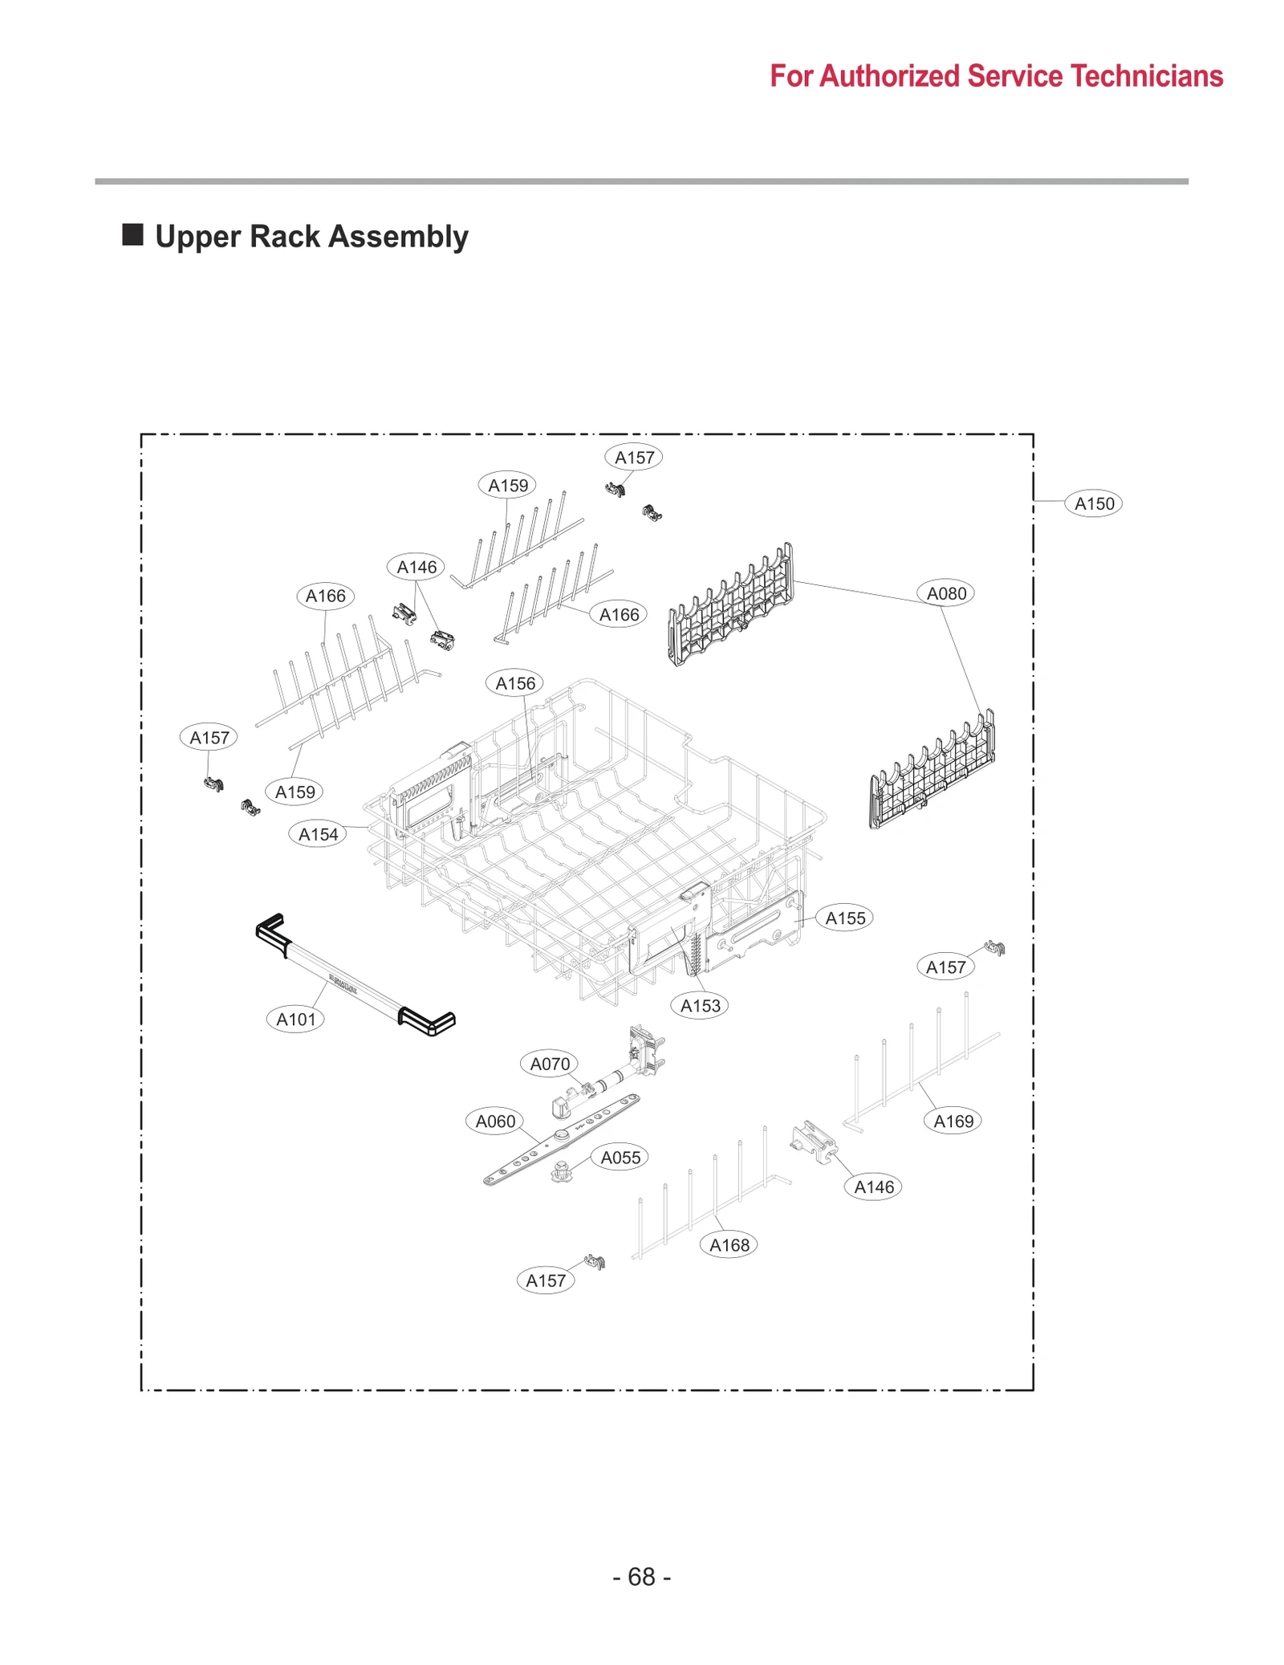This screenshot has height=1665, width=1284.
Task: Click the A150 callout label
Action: click(1093, 503)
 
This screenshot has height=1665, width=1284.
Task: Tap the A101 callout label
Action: click(295, 1019)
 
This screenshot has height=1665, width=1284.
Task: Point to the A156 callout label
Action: click(514, 683)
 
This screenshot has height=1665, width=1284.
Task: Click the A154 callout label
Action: click(318, 834)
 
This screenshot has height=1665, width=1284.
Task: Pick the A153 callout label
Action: click(700, 1005)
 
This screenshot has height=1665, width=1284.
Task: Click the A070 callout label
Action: click(549, 1064)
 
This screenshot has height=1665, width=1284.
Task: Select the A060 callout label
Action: click(495, 1121)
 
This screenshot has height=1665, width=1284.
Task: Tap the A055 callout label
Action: click(620, 1157)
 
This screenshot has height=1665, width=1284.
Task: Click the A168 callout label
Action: click(729, 1244)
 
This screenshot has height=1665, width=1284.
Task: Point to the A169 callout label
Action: click(953, 1121)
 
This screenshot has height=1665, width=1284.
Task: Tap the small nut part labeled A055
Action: click(561, 1171)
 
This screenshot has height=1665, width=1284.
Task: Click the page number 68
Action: click(641, 1577)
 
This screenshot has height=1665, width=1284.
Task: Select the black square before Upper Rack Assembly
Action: click(132, 235)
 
